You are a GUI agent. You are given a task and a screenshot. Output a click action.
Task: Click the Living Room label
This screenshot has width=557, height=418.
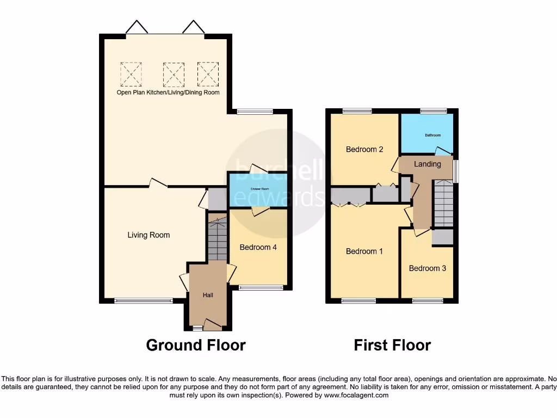pyautogui.click(x=148, y=235)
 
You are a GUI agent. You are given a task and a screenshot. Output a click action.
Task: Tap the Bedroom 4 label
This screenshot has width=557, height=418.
pyautogui.click(x=258, y=247)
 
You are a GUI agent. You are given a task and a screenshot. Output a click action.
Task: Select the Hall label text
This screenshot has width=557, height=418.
pyautogui.click(x=208, y=295)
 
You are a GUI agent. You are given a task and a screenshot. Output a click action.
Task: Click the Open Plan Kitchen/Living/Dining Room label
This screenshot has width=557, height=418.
pyautogui.click(x=168, y=93)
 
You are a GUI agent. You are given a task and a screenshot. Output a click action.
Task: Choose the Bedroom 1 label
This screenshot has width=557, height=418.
pyautogui.click(x=364, y=251)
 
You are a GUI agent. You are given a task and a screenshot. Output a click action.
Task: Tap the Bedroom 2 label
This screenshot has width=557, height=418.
pyautogui.click(x=364, y=149)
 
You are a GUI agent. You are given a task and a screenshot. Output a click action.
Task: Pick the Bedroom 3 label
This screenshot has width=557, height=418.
pyautogui.click(x=428, y=268)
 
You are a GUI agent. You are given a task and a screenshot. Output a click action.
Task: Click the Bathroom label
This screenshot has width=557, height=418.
pyautogui.click(x=432, y=135)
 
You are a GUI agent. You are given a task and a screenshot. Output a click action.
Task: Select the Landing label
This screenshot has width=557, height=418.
pyautogui.click(x=428, y=164)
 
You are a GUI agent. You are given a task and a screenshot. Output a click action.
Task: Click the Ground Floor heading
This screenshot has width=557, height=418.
pyautogui.click(x=196, y=345)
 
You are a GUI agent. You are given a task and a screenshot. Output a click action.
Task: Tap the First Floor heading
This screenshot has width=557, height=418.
pyautogui.click(x=392, y=345)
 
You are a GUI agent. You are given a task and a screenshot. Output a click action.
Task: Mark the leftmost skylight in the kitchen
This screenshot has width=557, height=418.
pyautogui.click(x=131, y=74)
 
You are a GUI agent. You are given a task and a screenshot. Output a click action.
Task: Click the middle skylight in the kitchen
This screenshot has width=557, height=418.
pyautogui.click(x=174, y=74)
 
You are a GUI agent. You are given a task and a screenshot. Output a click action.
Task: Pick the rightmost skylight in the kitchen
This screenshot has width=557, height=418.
pyautogui.click(x=208, y=74)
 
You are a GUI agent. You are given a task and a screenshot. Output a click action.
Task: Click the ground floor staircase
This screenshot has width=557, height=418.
pyautogui.click(x=218, y=239)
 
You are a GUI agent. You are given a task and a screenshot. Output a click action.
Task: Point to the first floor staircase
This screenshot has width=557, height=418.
pyautogui.click(x=443, y=204)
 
